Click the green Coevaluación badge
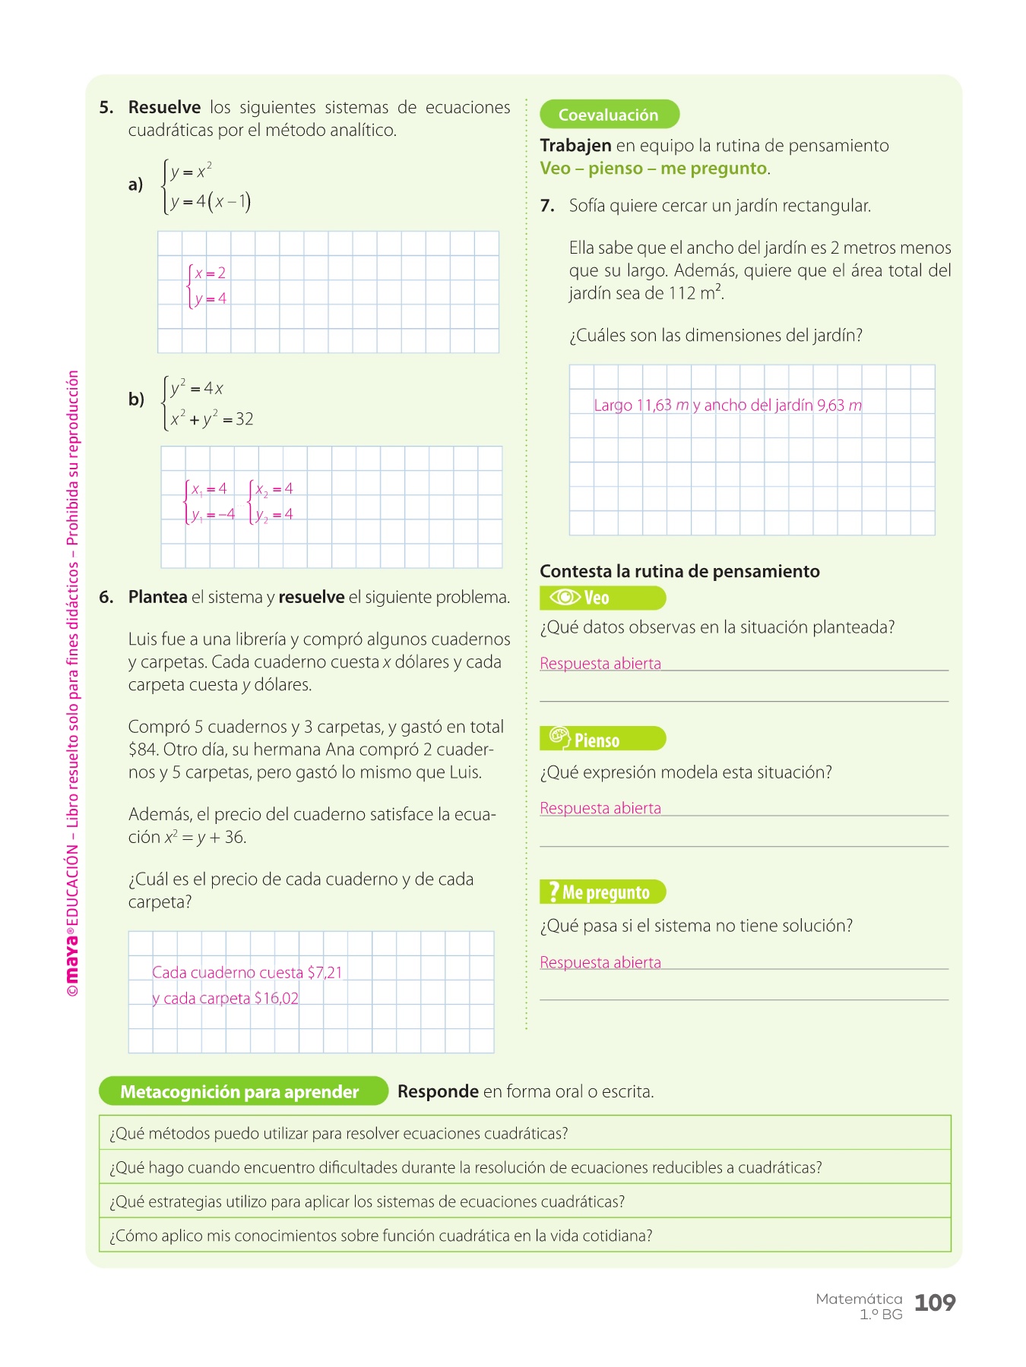pos(609,115)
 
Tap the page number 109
pos(935,1302)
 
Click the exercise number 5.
pos(106,108)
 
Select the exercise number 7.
pos(547,206)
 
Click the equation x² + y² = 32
pos(212,419)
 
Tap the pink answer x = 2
pos(211,273)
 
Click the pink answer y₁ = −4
pos(213,515)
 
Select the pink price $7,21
pos(325,973)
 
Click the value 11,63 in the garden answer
pos(654,406)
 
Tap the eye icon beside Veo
pos(565,598)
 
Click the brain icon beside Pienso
pos(559,737)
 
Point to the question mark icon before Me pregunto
pos(553,892)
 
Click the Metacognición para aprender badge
pos(239,1092)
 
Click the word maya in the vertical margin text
pos(72,957)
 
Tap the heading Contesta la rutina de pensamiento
pos(679,572)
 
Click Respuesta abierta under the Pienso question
pos(600,809)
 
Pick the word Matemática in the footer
pos(859,1299)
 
